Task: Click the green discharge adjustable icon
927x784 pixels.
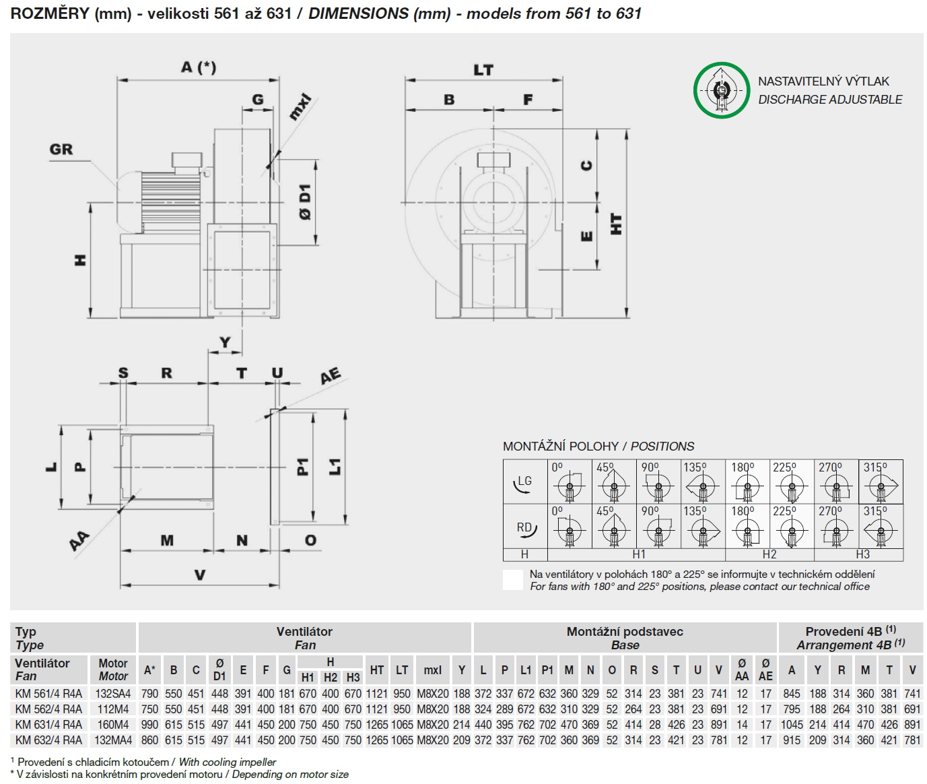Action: pyautogui.click(x=721, y=90)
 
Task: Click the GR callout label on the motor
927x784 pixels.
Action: pyautogui.click(x=61, y=150)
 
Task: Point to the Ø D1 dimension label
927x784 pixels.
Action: pyautogui.click(x=304, y=201)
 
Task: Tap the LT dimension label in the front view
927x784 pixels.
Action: pyautogui.click(x=483, y=70)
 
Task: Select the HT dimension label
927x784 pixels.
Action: pyautogui.click(x=615, y=224)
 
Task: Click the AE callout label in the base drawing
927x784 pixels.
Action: pyautogui.click(x=330, y=377)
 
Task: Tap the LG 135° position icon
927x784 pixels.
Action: pyautogui.click(x=702, y=482)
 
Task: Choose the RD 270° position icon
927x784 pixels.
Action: pyautogui.click(x=836, y=527)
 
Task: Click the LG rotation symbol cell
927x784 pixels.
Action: pyautogui.click(x=524, y=482)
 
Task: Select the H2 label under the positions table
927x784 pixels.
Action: pyautogui.click(x=769, y=554)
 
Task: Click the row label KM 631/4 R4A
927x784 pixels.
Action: pyautogui.click(x=48, y=725)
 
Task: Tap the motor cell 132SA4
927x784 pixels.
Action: pyautogui.click(x=112, y=694)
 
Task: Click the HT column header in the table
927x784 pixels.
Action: pyautogui.click(x=376, y=670)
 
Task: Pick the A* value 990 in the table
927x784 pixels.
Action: pyautogui.click(x=149, y=725)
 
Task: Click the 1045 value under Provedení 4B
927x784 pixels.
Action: pyautogui.click(x=791, y=725)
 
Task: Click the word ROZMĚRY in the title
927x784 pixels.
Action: pyautogui.click(x=50, y=13)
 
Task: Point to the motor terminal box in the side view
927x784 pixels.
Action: pyautogui.click(x=186, y=160)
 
